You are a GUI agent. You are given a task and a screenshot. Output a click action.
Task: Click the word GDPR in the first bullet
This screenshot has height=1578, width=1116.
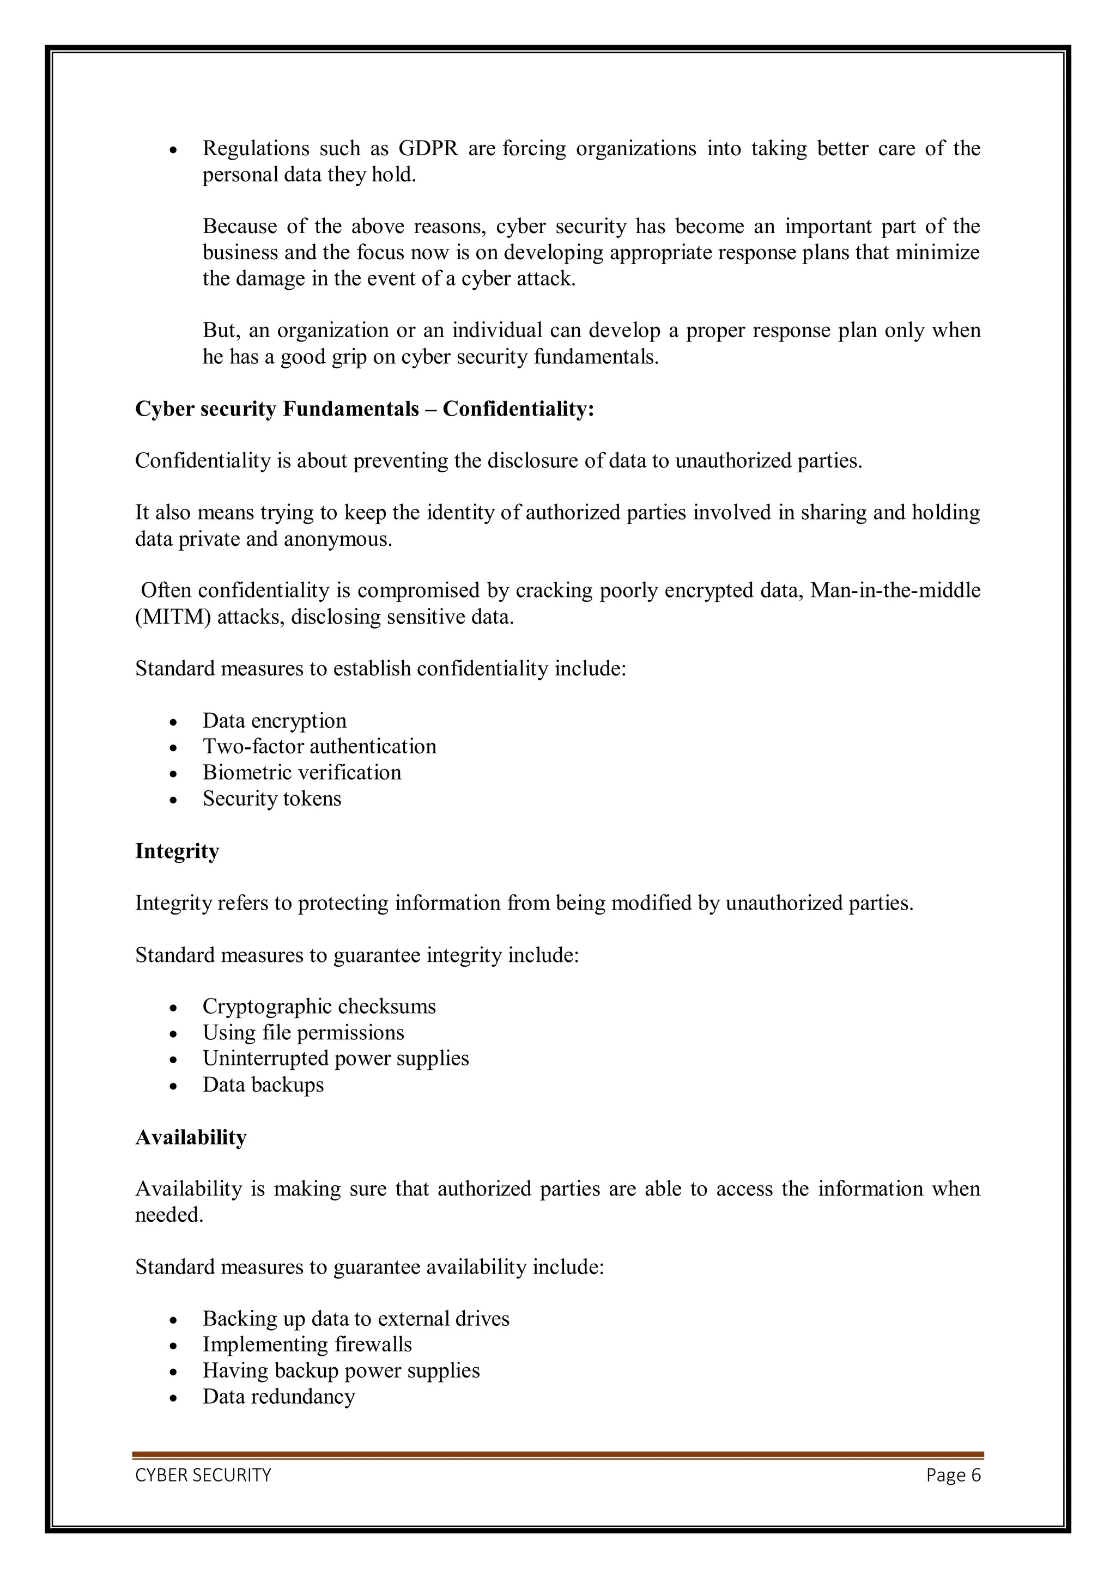point(428,149)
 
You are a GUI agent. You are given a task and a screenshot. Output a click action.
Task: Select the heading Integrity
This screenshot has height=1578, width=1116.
point(177,851)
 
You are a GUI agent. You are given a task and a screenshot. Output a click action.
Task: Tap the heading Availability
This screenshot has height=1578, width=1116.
point(191,1137)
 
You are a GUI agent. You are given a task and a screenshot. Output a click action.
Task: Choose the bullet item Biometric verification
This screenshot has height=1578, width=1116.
point(302,772)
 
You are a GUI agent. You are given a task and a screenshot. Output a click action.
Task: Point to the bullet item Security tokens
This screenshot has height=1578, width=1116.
point(271,799)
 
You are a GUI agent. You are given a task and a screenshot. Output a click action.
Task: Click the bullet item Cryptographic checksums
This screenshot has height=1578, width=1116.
point(319,1007)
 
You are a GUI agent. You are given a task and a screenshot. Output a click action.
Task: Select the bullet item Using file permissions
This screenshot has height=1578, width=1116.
point(303,1033)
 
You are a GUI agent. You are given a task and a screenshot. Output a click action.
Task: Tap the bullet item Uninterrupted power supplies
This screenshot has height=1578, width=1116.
point(336,1058)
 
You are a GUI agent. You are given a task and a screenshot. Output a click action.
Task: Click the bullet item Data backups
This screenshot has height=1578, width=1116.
point(263,1085)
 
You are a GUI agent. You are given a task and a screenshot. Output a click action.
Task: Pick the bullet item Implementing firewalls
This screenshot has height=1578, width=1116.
point(307,1344)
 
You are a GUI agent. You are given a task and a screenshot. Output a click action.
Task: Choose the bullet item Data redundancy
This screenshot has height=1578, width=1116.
point(278,1397)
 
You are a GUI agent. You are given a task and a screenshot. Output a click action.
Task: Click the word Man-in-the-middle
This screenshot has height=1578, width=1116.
point(895,591)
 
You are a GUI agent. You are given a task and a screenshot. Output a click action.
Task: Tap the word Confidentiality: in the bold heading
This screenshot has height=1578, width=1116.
point(518,409)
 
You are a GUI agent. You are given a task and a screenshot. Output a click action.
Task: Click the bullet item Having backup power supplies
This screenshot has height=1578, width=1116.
point(341,1370)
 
